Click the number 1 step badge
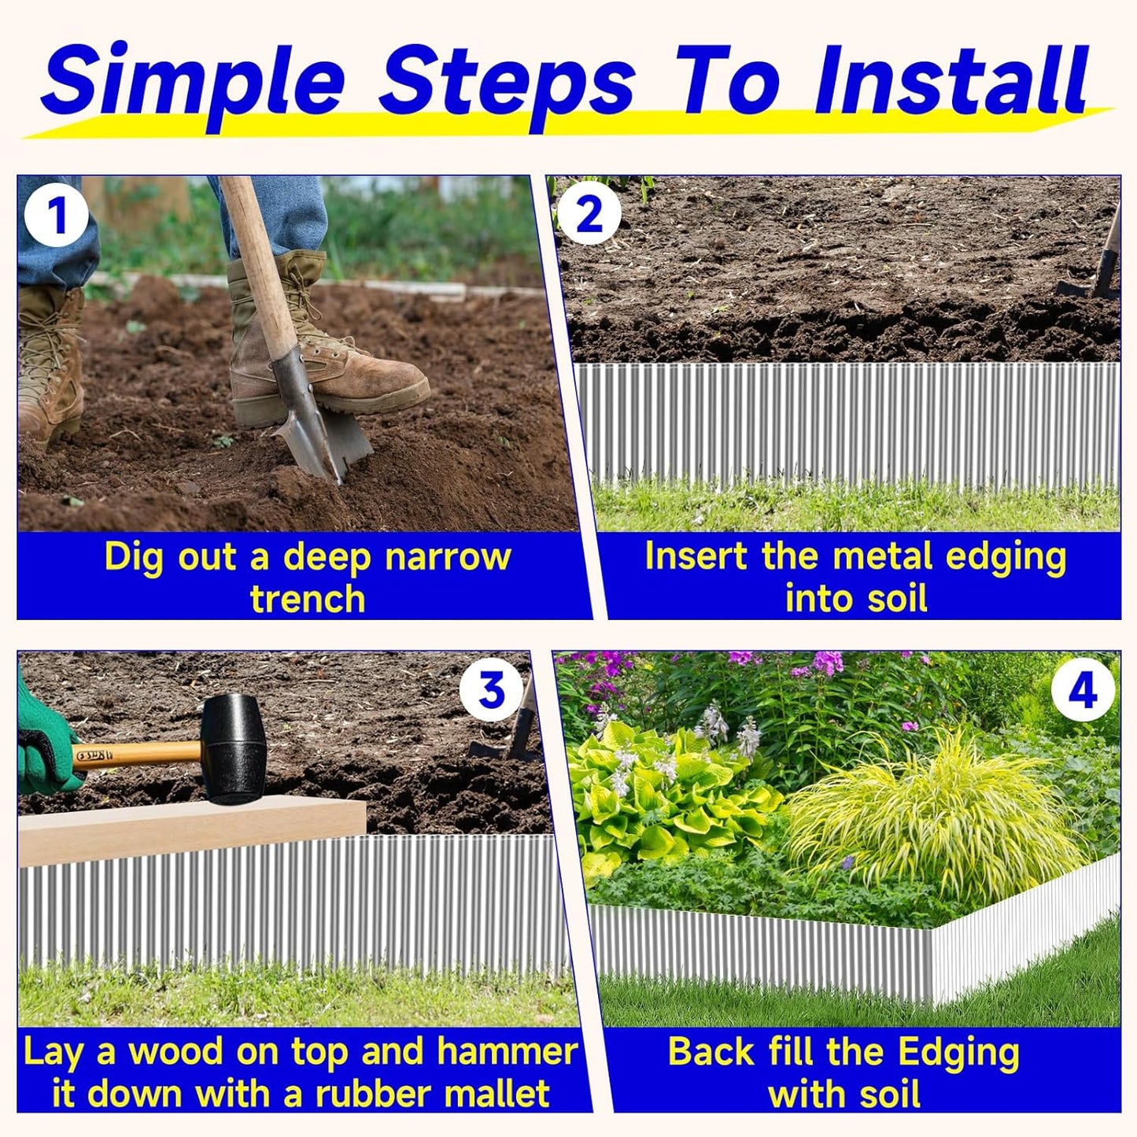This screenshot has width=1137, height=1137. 56,216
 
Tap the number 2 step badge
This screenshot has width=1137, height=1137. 589,215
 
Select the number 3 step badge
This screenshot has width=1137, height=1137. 492,691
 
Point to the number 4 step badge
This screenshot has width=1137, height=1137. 1083,692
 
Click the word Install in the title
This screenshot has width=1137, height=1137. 951,82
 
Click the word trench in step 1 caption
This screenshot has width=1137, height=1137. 307,600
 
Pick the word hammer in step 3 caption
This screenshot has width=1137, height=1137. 507,1052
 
